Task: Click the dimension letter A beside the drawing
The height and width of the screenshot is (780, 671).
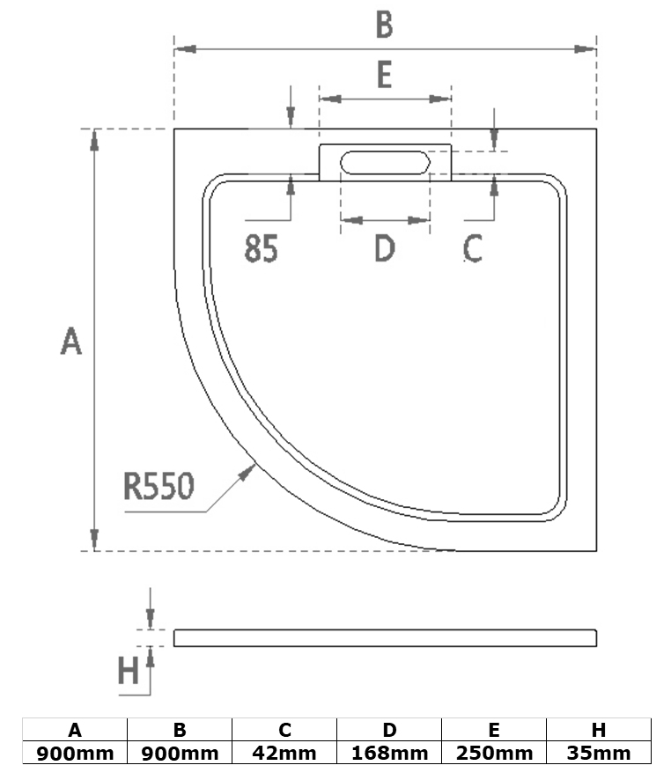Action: (x=71, y=341)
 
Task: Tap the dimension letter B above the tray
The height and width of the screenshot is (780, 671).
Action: (x=384, y=26)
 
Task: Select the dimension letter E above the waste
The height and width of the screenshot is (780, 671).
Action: (x=384, y=76)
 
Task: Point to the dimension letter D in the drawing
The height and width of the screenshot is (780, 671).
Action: (x=385, y=249)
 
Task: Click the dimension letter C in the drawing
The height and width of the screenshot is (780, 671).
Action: (x=473, y=249)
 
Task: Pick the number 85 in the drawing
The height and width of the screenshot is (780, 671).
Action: (x=262, y=250)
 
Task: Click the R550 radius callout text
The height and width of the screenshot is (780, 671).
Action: (x=159, y=485)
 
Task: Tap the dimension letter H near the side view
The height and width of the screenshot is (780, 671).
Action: (x=129, y=673)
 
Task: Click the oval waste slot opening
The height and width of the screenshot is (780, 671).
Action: (x=385, y=163)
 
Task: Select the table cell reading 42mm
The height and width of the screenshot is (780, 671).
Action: (x=284, y=754)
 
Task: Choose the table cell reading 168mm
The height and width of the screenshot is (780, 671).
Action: (x=389, y=754)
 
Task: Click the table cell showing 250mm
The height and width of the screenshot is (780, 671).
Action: (x=494, y=754)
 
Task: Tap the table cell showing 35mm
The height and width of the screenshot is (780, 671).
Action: (x=599, y=754)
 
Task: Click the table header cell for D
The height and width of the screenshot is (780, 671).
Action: (x=389, y=731)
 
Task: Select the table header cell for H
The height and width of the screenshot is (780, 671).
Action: (x=599, y=731)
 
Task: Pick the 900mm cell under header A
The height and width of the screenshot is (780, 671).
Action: (x=76, y=754)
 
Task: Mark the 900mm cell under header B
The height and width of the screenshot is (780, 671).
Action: (x=180, y=754)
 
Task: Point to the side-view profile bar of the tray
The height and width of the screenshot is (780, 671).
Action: (x=385, y=638)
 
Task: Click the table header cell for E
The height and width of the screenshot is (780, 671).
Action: (x=494, y=731)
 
